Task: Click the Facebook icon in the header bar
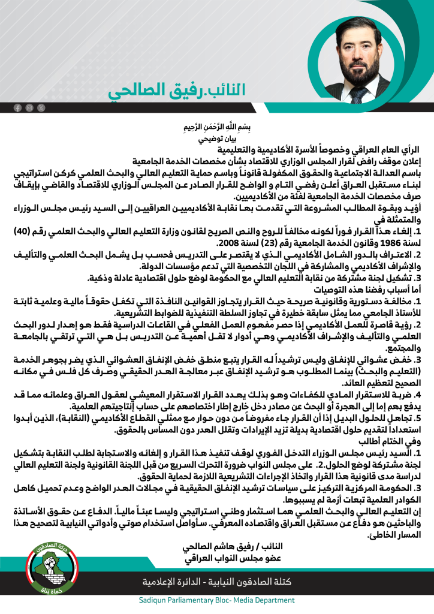(17, 107)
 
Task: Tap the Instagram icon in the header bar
(29, 107)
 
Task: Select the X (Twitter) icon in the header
(41, 107)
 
